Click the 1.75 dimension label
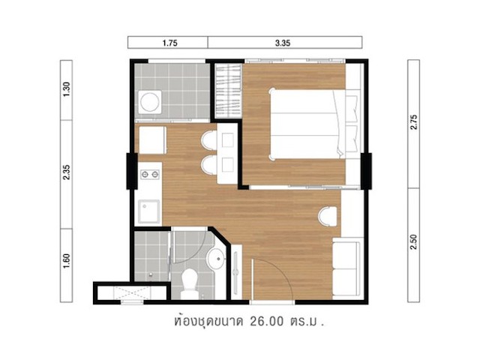coord(170,43)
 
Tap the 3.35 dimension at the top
coord(283,43)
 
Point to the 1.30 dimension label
coord(67,89)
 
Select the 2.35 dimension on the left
coord(67,172)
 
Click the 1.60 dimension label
coord(67,261)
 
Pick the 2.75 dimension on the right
coord(414,121)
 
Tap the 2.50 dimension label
coord(414,241)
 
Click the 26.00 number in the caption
coord(267,322)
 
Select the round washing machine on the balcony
coord(150,102)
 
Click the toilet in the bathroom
coord(189,283)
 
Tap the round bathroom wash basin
coord(217,259)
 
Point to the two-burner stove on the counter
coord(150,175)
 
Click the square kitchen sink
coord(149,211)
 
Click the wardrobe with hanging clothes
coord(228,91)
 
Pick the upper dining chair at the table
coord(209,140)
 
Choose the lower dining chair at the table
coord(209,165)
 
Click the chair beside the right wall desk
coord(328,217)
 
